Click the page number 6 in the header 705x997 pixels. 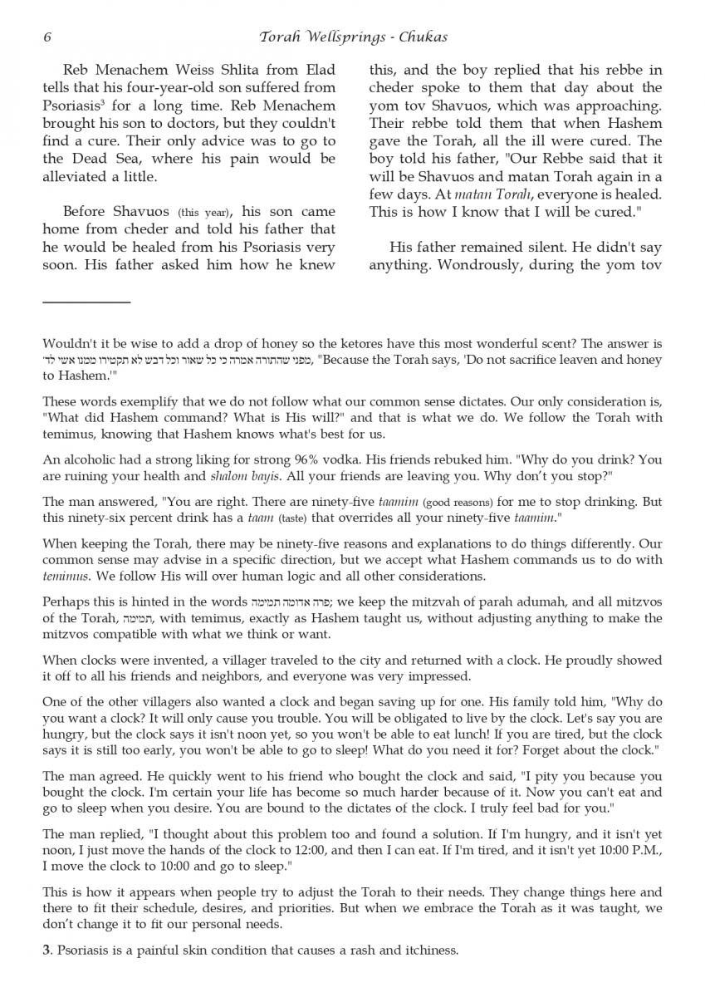point(47,37)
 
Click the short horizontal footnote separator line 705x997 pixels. point(86,302)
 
